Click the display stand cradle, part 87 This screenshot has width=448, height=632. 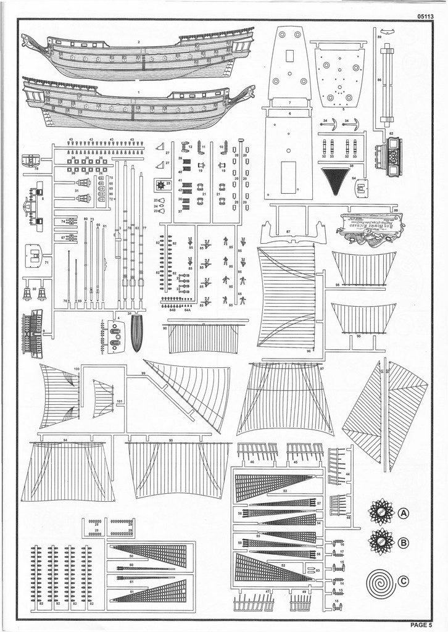point(294,235)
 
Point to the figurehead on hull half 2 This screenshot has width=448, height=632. point(30,43)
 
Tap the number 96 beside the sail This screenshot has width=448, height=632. point(308,351)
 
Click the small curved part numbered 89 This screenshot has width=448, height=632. point(387,32)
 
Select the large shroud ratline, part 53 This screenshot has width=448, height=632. point(275,485)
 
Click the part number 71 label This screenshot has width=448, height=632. point(46,264)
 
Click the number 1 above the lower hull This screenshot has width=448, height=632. point(139,92)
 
